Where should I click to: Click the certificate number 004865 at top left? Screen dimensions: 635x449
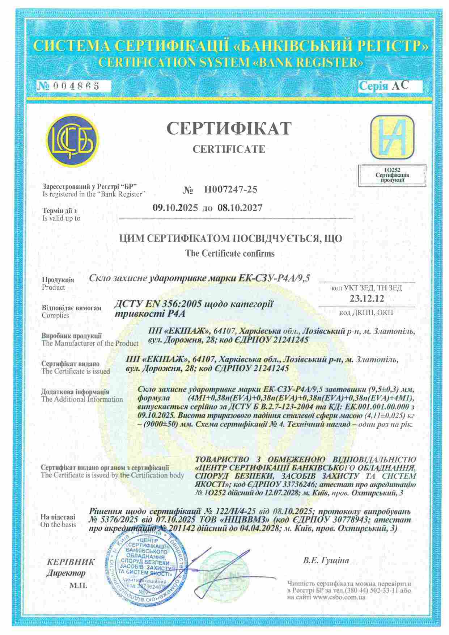tap(76, 86)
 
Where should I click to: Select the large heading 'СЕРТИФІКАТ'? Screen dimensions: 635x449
tap(229, 129)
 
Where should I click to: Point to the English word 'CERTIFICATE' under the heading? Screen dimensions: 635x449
tap(229, 149)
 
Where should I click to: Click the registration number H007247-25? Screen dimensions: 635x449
tap(230, 189)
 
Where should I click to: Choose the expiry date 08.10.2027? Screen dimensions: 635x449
tap(240, 208)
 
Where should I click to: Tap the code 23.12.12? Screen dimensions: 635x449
tap(367, 299)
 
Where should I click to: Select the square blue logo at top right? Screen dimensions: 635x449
tap(392, 137)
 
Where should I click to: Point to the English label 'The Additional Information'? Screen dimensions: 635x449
tap(82, 399)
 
